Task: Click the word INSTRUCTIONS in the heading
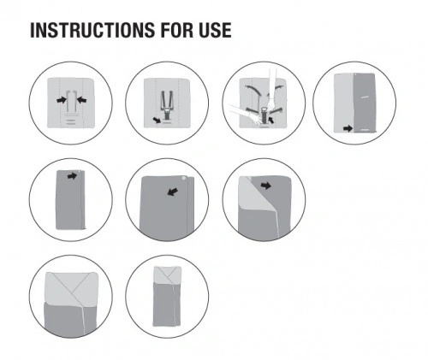pos(92,30)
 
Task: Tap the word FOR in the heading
pos(176,30)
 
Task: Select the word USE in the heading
pos(215,30)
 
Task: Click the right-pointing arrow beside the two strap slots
pos(62,100)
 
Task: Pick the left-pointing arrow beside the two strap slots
pos(81,100)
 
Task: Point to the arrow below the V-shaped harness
pos(158,120)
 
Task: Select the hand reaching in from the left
pos(245,114)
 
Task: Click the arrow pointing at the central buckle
pos(271,119)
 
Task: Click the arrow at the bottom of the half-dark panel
pos(348,128)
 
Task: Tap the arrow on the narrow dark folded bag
pos(72,176)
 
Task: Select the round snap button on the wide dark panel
pos(184,179)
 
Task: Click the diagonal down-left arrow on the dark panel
pos(173,192)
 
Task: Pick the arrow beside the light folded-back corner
pos(266,186)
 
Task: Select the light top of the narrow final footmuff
pos(167,274)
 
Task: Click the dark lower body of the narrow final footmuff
pos(167,304)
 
